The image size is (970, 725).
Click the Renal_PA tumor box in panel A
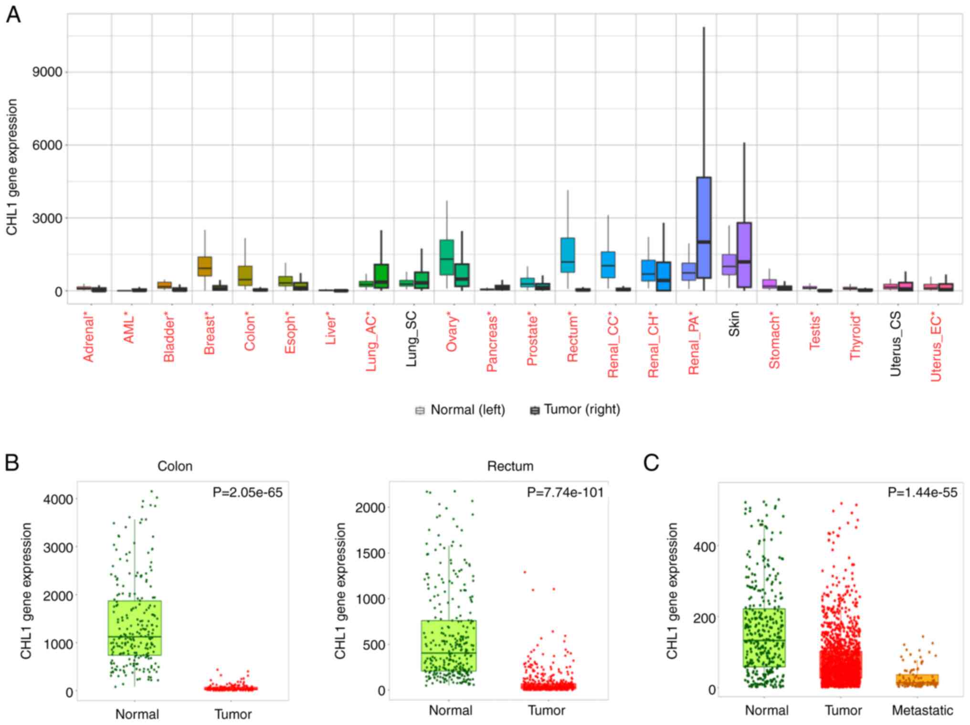pos(704,227)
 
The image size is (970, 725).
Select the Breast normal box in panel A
pos(205,267)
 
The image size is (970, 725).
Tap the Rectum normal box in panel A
pos(568,255)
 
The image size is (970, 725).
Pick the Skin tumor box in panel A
pos(744,255)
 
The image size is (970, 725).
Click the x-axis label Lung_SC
pos(411,339)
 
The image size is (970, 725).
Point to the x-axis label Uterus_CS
pos(896,343)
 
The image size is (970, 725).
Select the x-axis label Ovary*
pos(452,334)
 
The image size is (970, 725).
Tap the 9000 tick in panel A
pos(47,72)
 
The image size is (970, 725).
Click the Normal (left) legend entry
pos(460,410)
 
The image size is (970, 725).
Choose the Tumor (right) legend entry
pos(575,410)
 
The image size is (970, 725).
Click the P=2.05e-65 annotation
pos(247,492)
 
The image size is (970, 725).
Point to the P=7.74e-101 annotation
pos(565,492)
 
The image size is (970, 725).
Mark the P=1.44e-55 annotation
pos(922,492)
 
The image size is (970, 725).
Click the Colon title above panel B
pos(175,466)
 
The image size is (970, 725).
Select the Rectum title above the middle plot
pos(510,466)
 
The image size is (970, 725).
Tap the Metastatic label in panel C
pos(922,710)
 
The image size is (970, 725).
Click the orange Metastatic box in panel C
pos(917,680)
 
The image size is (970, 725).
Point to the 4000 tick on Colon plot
pos(58,499)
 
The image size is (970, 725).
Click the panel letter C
pos(651,463)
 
